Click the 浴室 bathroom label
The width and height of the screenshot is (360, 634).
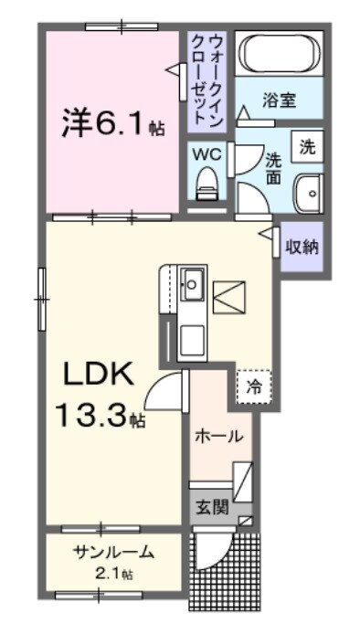click(x=280, y=100)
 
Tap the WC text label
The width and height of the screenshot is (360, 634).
click(x=205, y=153)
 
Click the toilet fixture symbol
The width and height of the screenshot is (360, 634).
click(x=206, y=182)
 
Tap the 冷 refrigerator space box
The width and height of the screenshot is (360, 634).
click(x=255, y=386)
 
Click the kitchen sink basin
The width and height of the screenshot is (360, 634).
click(x=193, y=281)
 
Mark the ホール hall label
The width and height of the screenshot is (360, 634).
click(x=218, y=437)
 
